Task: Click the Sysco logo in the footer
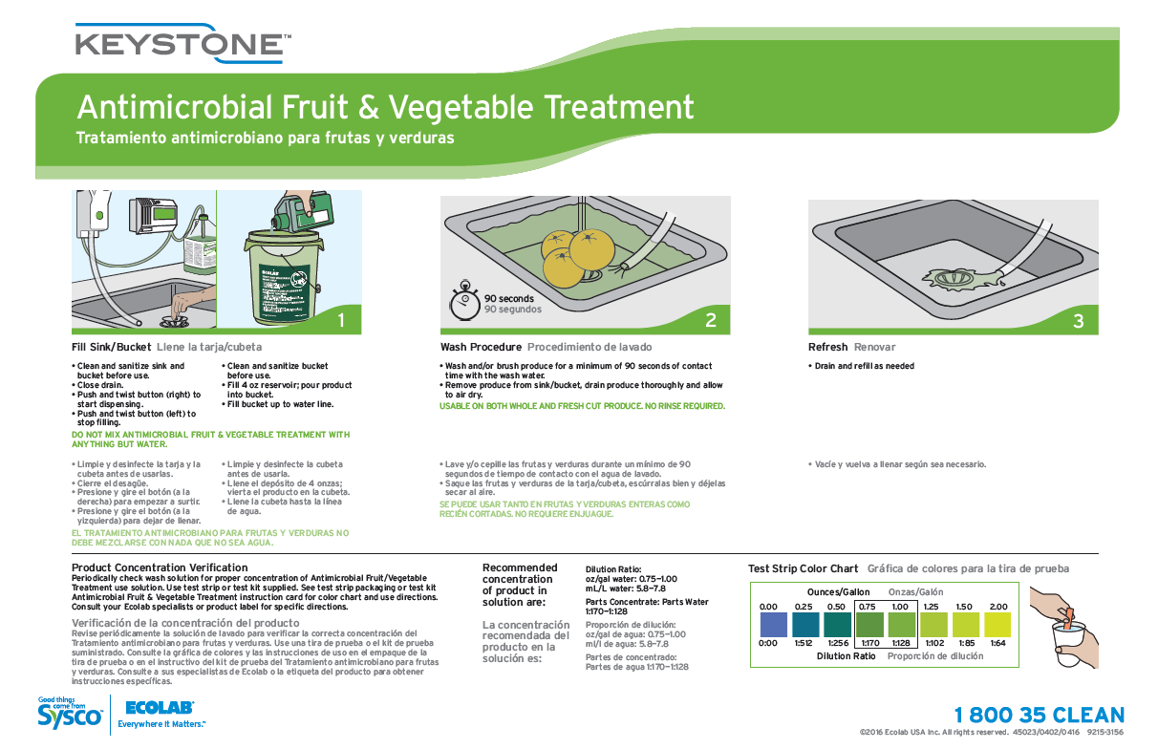[69, 715]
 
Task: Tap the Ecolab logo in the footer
[160, 709]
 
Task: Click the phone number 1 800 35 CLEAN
[1040, 716]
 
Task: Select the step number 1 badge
[341, 321]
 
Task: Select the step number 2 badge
[710, 321]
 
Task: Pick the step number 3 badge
[1079, 321]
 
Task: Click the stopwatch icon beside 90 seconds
[464, 302]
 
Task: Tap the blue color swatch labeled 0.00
[772, 625]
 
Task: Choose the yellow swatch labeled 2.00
[997, 625]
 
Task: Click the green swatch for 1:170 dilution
[869, 625]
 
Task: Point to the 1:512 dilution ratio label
[804, 643]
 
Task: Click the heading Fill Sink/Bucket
[112, 347]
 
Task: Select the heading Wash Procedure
[481, 347]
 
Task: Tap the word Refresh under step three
[827, 347]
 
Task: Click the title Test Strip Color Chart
[803, 568]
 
